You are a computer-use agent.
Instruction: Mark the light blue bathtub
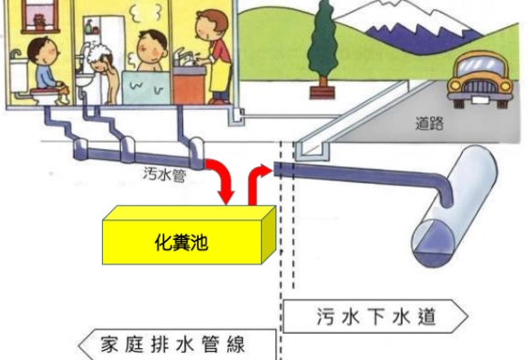pyautogui.click(x=144, y=87)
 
